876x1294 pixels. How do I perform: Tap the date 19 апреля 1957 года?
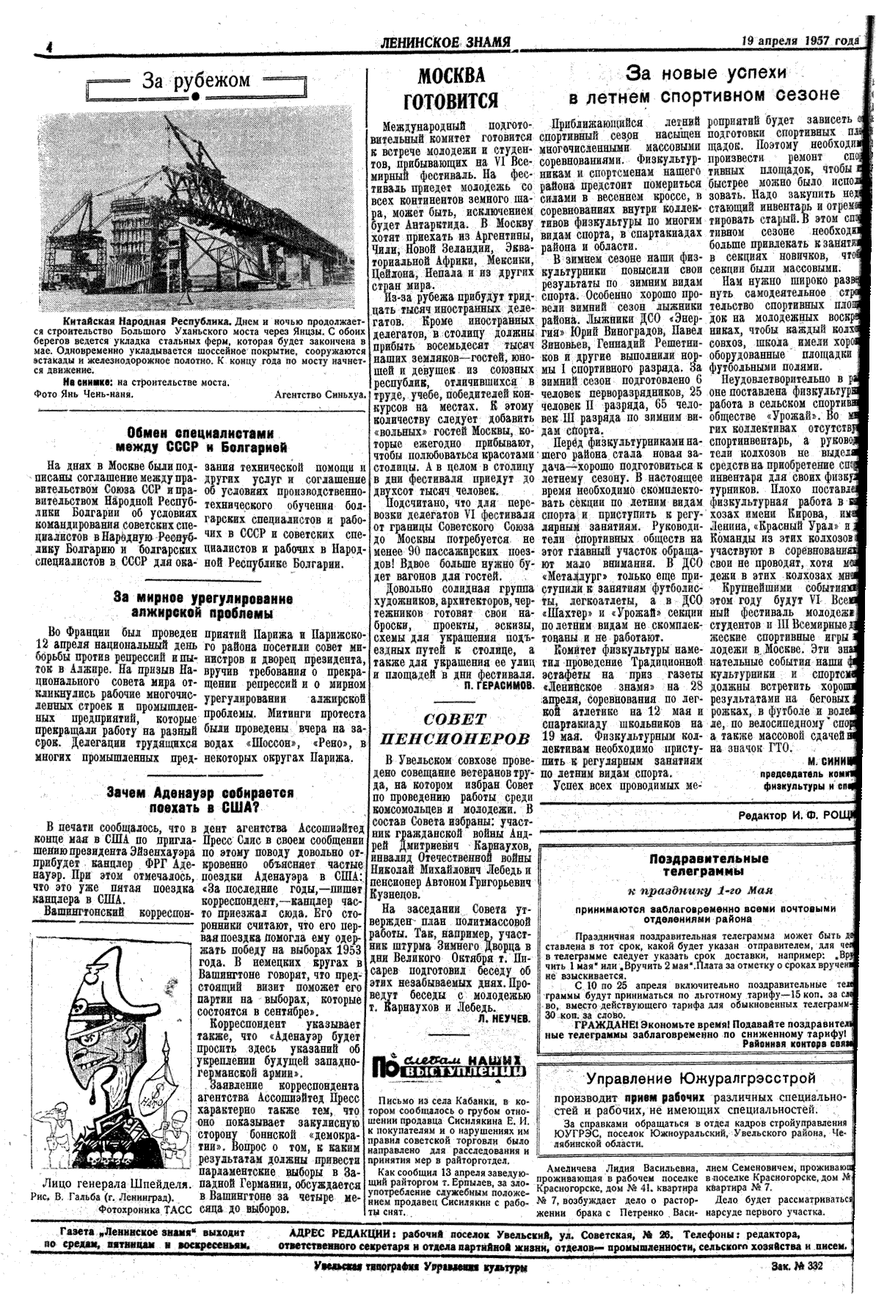(x=799, y=41)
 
